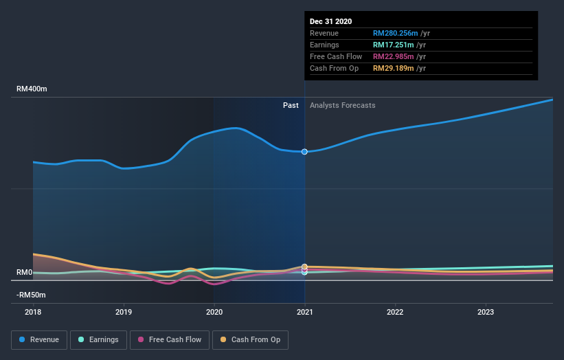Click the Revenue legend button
(x=40, y=339)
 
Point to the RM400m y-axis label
(x=32, y=89)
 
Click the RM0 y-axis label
(x=25, y=273)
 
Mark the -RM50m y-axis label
(x=32, y=295)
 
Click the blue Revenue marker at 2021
(x=304, y=152)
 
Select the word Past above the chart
(x=291, y=105)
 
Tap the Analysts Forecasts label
(x=343, y=105)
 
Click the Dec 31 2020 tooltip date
(x=330, y=21)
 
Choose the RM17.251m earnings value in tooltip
(x=393, y=45)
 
